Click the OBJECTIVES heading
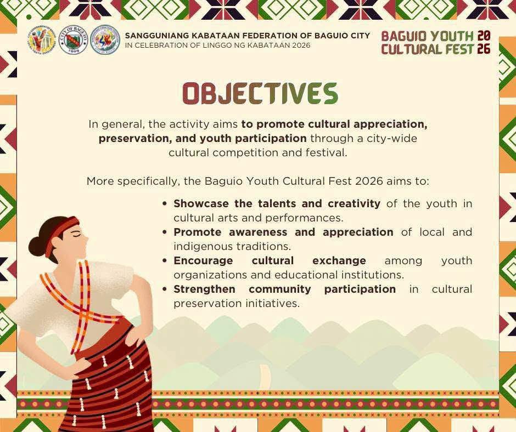260,93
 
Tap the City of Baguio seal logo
73,40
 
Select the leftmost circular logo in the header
42,40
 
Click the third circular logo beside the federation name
105,40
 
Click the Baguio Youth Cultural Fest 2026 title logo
436,43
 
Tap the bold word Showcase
201,203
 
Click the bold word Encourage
203,261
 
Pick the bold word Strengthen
204,289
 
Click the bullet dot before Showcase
165,204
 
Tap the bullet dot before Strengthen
165,289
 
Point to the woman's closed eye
78,235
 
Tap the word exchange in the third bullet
339,261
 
